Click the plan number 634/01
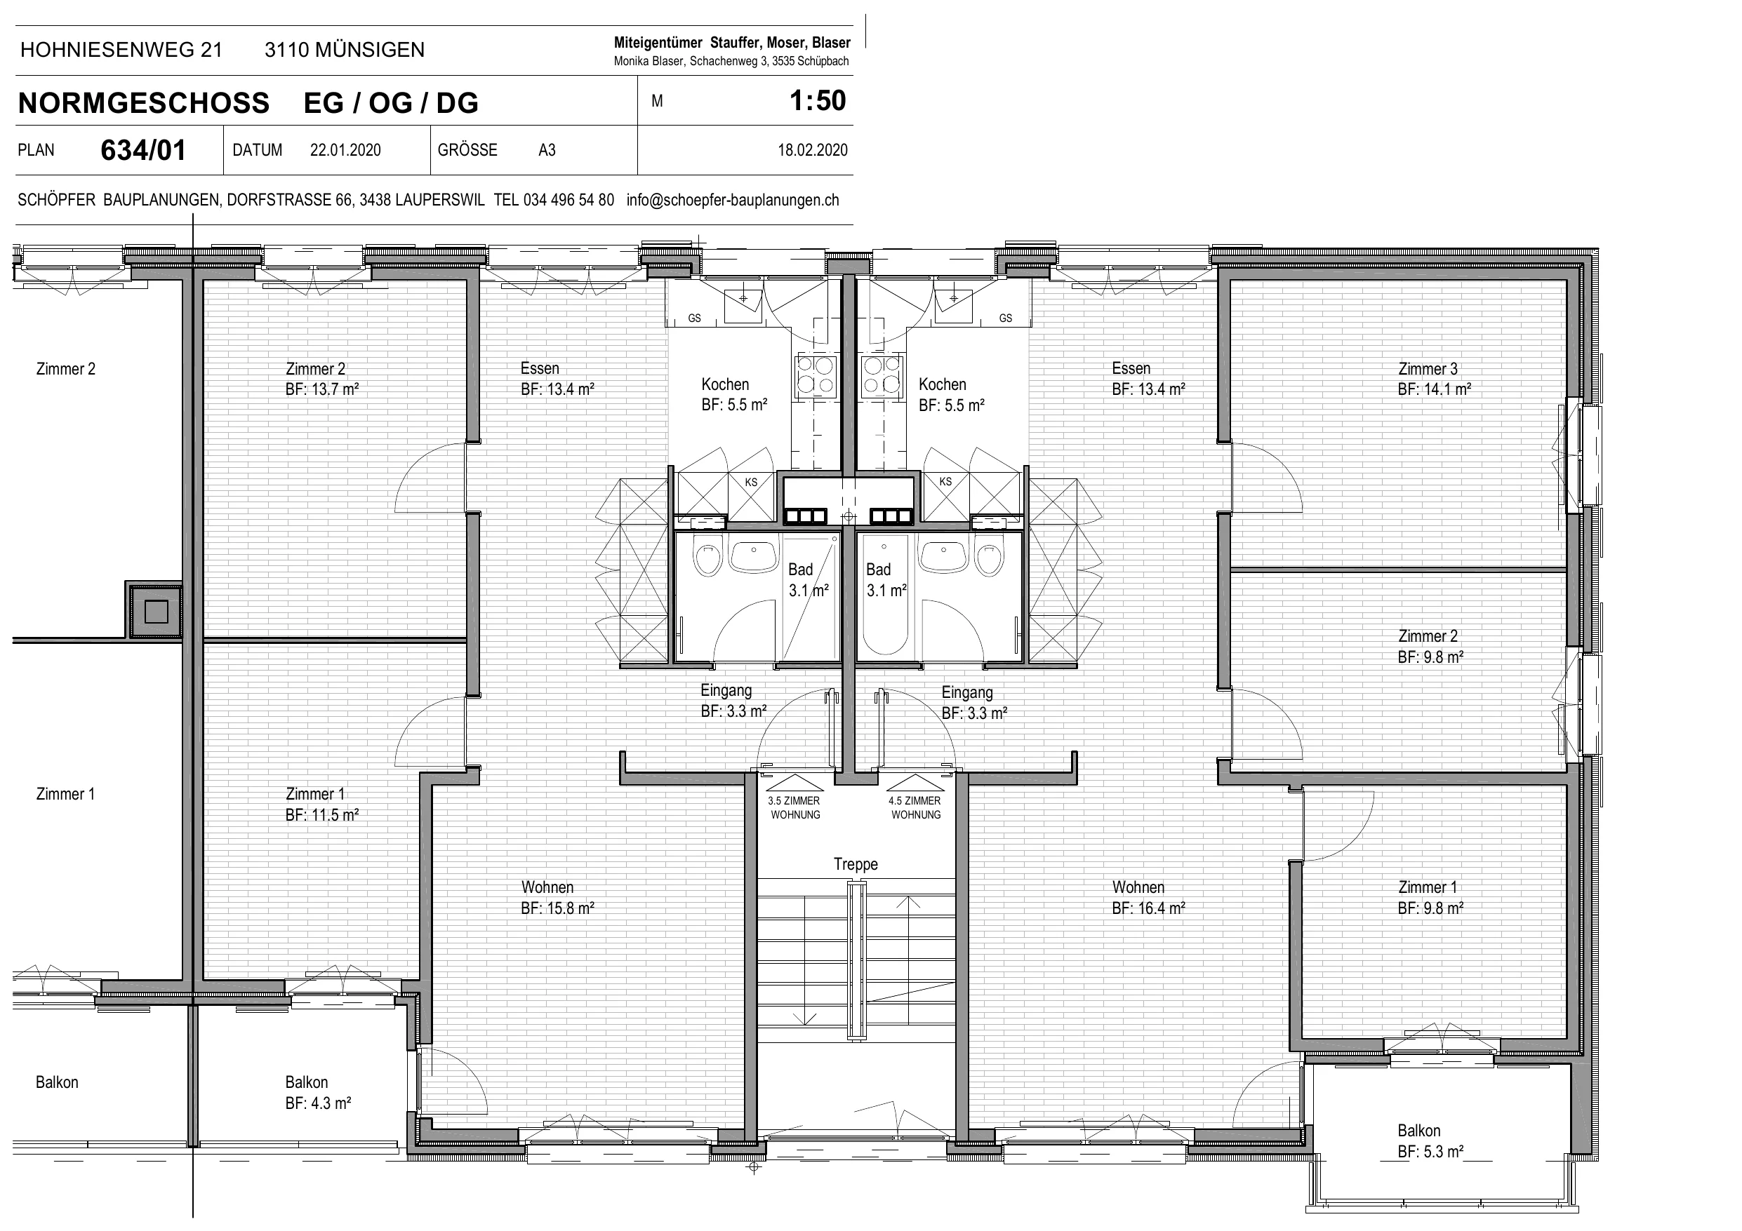143,150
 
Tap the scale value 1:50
817,101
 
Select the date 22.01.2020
345,150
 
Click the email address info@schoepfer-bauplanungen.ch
733,200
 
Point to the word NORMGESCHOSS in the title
144,103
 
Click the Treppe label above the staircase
856,864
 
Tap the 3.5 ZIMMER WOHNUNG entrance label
794,808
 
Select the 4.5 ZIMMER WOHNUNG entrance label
916,808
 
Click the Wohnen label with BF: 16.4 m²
1149,897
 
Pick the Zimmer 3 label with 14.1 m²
1435,379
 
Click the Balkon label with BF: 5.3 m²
1430,1141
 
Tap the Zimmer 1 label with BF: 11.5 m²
321,804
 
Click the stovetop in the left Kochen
815,376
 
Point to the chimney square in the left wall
157,610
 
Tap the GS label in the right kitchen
1005,318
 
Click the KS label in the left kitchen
751,483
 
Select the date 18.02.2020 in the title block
813,150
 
